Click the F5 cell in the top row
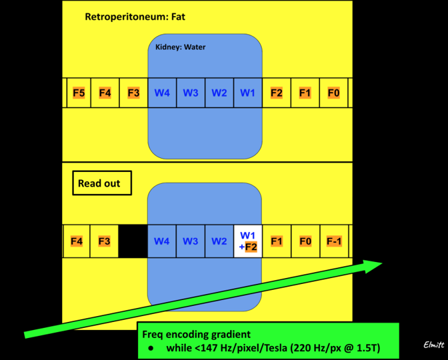pyautogui.click(x=79, y=93)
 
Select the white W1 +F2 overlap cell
pyautogui.click(x=247, y=241)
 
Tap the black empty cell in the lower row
pyautogui.click(x=133, y=241)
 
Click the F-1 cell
pyautogui.click(x=333, y=241)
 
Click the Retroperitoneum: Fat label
pyautogui.click(x=135, y=16)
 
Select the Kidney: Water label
pyautogui.click(x=180, y=47)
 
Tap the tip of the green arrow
pyautogui.click(x=381, y=264)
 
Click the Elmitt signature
pyautogui.click(x=433, y=345)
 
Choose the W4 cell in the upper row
pyautogui.click(x=162, y=93)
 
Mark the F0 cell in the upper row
pyautogui.click(x=333, y=93)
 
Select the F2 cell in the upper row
pyautogui.click(x=276, y=93)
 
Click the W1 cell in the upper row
pyautogui.click(x=247, y=93)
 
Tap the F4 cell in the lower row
pyautogui.click(x=77, y=241)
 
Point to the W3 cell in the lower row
pyautogui.click(x=191, y=241)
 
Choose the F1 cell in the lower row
pyautogui.click(x=276, y=241)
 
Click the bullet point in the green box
pyautogui.click(x=151, y=349)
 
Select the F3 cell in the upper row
pyautogui.click(x=133, y=93)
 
